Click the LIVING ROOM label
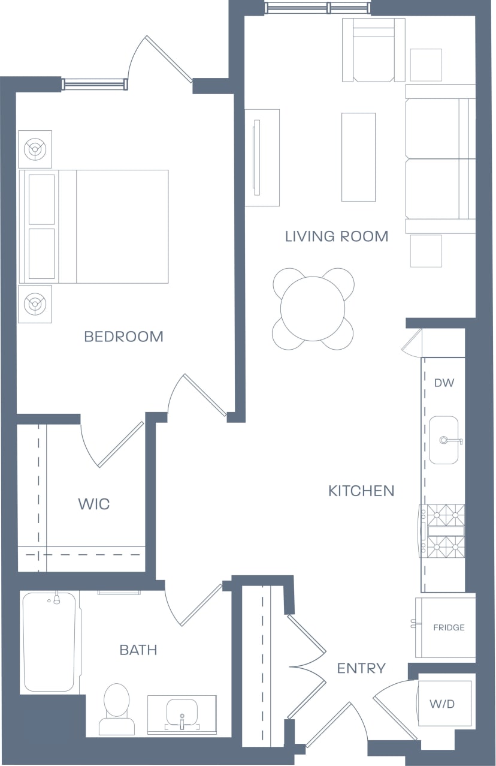(336, 236)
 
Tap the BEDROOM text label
(123, 337)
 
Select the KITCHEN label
(361, 491)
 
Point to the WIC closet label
(94, 504)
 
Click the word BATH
(138, 650)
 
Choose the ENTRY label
(361, 668)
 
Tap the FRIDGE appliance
(446, 627)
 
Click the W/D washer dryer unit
(443, 704)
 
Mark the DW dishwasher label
(444, 383)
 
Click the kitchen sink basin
(443, 440)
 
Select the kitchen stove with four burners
(443, 531)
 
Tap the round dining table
(313, 308)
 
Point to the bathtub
(50, 642)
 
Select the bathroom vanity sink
(182, 713)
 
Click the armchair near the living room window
(373, 50)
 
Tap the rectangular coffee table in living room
(358, 157)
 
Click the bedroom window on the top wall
(95, 84)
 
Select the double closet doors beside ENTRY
(307, 666)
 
